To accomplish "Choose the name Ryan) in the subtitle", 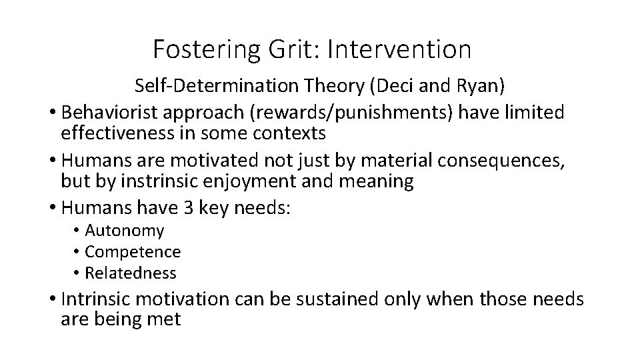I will tap(490, 85).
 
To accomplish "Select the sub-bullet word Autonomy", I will tap(124, 231).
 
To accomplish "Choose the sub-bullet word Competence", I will tap(133, 252).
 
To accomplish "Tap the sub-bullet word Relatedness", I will tap(131, 273).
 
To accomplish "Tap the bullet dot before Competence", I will tap(77, 252).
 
